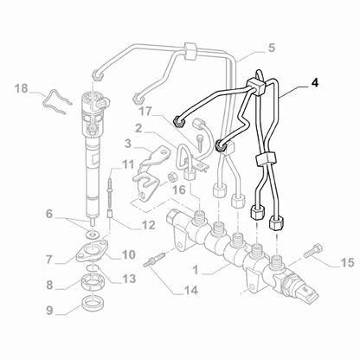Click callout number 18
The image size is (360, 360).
click(22, 88)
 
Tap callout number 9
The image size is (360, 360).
click(49, 307)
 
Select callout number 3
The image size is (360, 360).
click(127, 143)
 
